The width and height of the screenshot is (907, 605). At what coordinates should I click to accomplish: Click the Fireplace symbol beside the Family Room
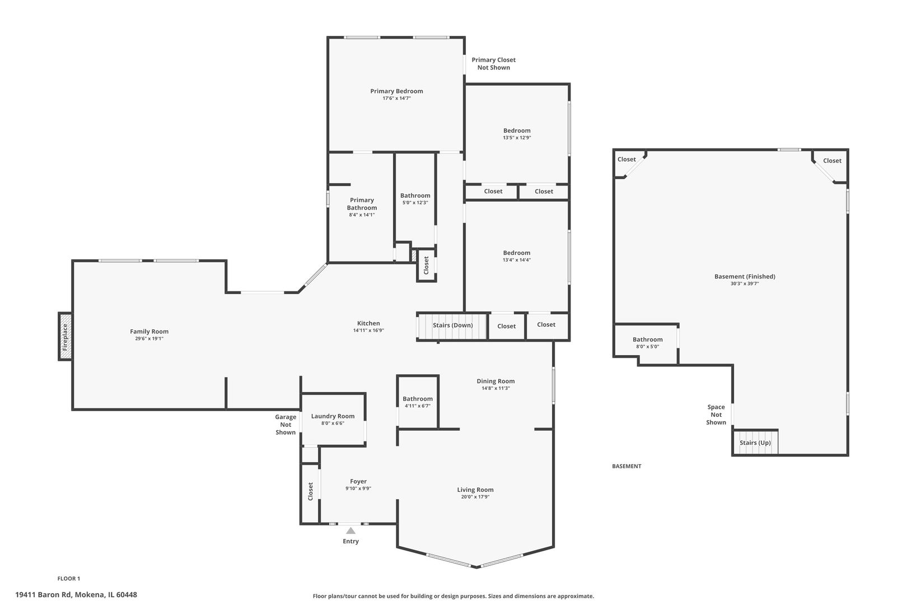coord(65,337)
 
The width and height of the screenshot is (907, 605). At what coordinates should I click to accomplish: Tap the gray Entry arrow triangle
coord(350,530)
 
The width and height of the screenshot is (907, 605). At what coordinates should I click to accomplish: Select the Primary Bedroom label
coord(396,91)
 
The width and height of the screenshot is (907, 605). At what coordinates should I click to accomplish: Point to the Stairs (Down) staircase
coord(452,326)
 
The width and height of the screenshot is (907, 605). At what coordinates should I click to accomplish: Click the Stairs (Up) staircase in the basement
coord(755,443)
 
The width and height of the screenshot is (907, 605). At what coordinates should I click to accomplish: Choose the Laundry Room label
coord(333,416)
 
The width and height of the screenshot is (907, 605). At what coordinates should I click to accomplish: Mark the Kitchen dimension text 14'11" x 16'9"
coord(368,331)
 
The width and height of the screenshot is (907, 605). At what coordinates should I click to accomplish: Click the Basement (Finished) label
coord(745,276)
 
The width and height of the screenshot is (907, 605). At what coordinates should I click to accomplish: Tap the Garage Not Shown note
coord(286,424)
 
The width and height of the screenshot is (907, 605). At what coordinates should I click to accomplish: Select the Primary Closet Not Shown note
coord(494,64)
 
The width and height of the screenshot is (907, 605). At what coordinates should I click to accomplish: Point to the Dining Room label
coord(495,381)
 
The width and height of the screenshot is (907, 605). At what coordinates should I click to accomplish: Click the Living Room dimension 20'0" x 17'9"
coord(475,497)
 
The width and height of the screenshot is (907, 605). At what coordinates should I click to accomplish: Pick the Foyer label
coord(358,481)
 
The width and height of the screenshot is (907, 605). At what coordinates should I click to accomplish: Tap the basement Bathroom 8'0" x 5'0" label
coord(648,342)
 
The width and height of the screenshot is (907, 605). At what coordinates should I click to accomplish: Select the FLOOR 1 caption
coord(69,579)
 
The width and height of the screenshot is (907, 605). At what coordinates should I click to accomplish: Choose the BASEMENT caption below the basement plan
coord(627,466)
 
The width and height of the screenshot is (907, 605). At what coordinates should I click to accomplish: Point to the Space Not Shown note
coord(716,415)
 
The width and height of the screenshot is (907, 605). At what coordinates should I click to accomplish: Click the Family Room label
coord(149,332)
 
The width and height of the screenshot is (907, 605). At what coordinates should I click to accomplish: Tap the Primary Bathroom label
coord(362,204)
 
